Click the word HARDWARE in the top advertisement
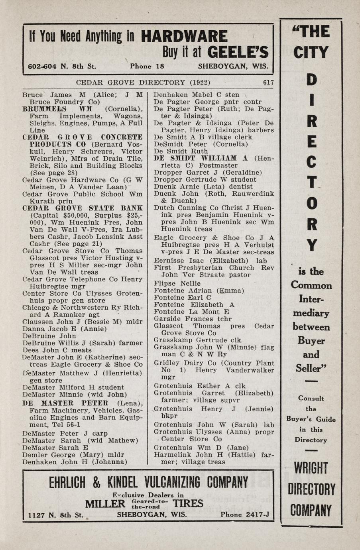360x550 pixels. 184,37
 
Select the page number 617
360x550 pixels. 268,83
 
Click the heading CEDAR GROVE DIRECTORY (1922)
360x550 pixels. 143,83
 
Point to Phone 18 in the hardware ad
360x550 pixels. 147,66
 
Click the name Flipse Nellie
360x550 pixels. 177,283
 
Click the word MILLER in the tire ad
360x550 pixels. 105,504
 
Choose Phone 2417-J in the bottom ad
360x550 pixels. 244,515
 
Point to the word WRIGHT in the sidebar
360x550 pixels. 311,468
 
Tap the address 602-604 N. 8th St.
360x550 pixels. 62,66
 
